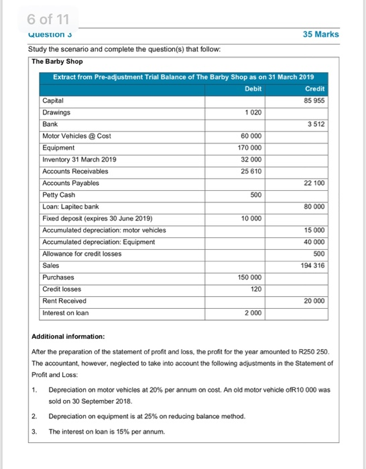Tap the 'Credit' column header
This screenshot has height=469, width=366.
click(314, 88)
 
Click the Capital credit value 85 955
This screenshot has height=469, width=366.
click(314, 100)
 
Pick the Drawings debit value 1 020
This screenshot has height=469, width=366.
click(253, 113)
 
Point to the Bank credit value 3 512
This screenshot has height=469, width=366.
click(317, 124)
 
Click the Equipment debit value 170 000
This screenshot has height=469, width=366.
click(249, 147)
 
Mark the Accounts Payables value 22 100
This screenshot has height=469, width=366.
click(314, 183)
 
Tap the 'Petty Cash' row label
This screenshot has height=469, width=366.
click(59, 195)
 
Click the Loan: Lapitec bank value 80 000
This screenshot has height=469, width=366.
click(314, 206)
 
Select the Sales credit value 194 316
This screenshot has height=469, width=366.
click(313, 265)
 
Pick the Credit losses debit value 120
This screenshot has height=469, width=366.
click(255, 289)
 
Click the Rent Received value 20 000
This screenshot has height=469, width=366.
click(314, 301)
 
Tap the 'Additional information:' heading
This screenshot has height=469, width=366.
click(68, 335)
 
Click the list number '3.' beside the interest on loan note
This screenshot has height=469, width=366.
click(34, 432)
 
